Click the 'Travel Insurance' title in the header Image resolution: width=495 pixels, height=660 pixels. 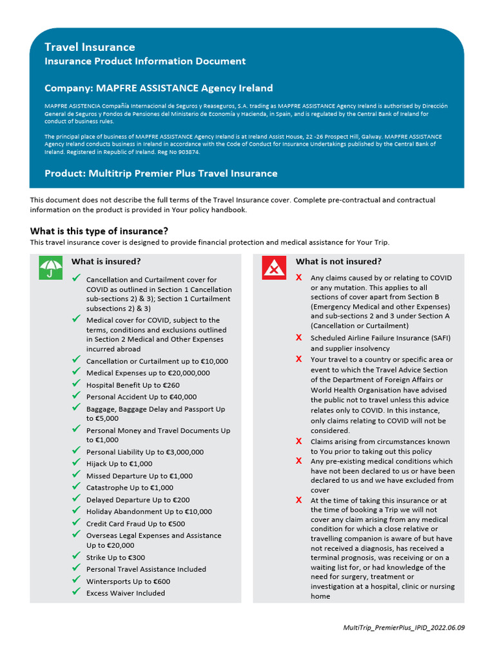click(90, 47)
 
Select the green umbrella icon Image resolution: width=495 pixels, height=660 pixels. click(51, 267)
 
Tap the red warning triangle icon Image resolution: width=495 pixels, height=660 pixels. click(274, 267)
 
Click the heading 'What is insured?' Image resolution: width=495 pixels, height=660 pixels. click(106, 262)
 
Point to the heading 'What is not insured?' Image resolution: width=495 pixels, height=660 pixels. click(338, 262)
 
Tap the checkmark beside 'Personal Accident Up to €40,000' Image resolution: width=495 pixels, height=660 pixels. click(76, 396)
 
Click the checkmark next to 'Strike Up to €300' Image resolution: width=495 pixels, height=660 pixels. click(76, 557)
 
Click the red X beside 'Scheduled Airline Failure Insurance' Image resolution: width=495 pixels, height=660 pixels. click(298, 338)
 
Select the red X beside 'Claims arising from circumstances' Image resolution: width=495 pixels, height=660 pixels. click(298, 442)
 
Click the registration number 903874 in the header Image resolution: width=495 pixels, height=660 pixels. click(188, 153)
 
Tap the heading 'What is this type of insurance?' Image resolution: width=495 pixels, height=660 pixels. click(99, 231)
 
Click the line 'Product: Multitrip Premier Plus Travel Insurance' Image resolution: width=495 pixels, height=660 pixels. click(161, 173)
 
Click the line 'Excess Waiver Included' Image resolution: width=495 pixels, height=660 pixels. click(126, 593)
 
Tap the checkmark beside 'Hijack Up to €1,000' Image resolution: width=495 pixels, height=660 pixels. click(76, 463)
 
